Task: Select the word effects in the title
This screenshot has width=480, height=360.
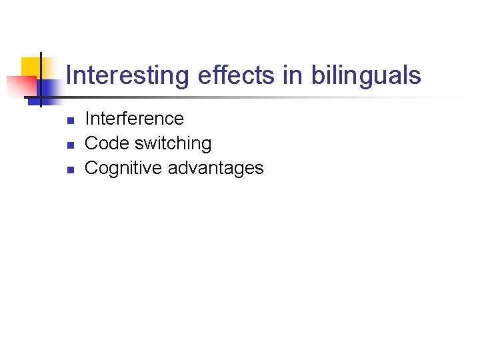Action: point(237,75)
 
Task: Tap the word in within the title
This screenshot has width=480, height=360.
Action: point(293,75)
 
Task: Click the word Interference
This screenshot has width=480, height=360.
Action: point(134,119)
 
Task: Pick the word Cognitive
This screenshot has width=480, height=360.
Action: point(124,168)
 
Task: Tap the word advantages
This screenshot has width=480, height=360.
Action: point(216,168)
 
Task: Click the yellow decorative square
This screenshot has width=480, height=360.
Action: point(29,67)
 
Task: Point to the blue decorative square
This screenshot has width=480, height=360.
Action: point(48,88)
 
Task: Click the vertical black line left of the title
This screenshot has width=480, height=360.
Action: point(41,79)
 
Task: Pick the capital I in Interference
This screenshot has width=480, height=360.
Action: point(87,119)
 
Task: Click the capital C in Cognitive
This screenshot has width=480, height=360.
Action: point(91,168)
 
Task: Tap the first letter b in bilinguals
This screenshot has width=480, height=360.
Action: point(316,75)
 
